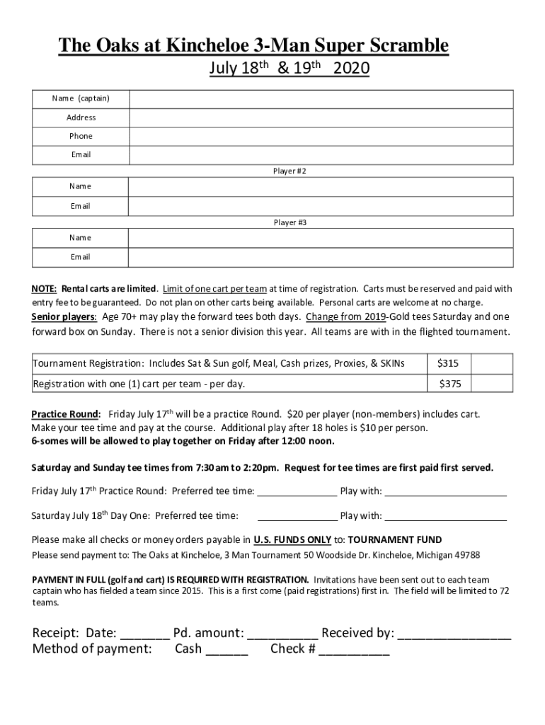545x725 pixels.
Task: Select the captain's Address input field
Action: pos(321,118)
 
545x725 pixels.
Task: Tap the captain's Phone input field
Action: pos(321,136)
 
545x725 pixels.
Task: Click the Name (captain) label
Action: pos(81,98)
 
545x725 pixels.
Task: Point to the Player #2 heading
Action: pos(289,171)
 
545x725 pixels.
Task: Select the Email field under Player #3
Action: pos(321,257)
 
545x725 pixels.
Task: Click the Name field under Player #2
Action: pos(321,186)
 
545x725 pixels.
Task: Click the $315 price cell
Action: pos(448,363)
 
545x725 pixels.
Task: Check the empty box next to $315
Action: pos(492,363)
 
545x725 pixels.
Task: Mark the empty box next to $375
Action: pos(492,384)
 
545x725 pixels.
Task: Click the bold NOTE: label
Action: pos(44,289)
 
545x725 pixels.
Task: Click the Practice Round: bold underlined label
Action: pos(66,414)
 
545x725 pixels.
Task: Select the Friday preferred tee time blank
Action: pos(296,492)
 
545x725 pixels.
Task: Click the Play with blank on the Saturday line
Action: pos(445,516)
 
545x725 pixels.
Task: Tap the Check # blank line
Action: pos(354,650)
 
